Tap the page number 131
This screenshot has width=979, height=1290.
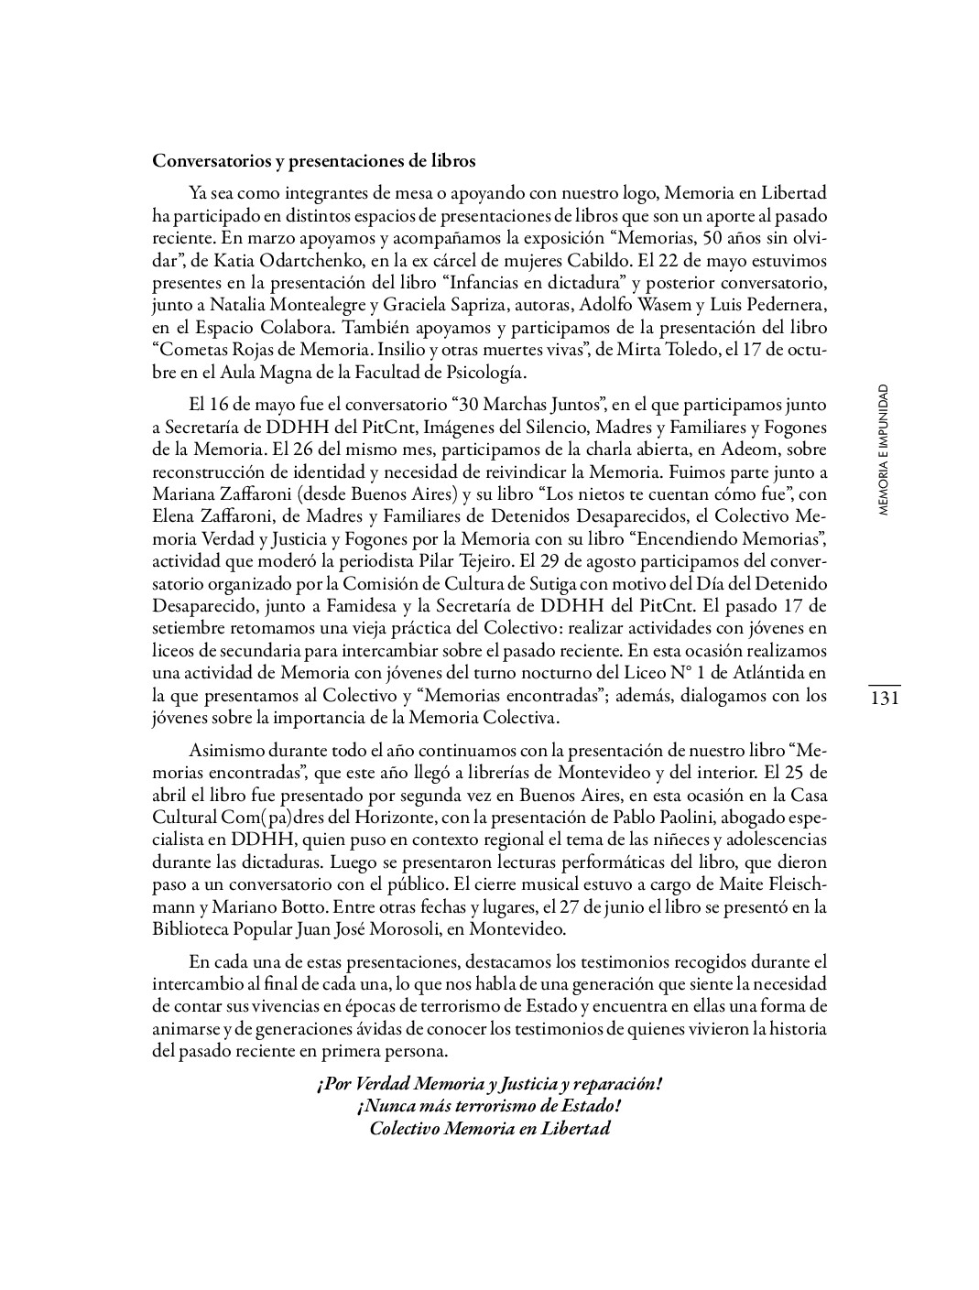pyautogui.click(x=884, y=699)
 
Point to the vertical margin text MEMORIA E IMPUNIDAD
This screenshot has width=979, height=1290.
pyautogui.click(x=883, y=450)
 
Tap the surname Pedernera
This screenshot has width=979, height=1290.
pyautogui.click(x=783, y=305)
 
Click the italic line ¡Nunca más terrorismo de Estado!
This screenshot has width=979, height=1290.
pyautogui.click(x=489, y=1105)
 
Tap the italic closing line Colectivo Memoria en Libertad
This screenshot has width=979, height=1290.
pyautogui.click(x=489, y=1127)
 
